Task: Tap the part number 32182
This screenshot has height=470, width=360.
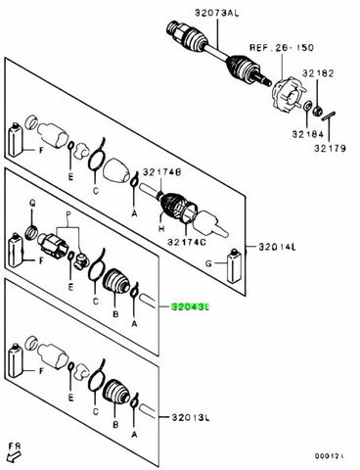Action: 329,72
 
